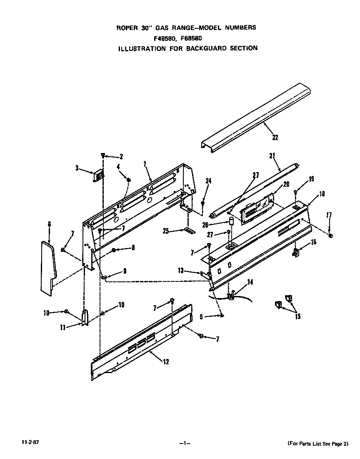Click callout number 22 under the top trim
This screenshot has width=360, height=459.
coord(275,137)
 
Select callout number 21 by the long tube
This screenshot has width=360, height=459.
coord(272,156)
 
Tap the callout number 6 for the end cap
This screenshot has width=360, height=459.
coord(50,224)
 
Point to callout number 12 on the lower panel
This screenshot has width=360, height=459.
coord(166,361)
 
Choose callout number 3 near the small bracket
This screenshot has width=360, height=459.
coord(77,168)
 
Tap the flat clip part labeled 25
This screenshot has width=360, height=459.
coord(190,230)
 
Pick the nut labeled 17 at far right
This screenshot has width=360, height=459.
coord(330,236)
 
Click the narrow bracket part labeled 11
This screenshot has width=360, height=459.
coord(85,318)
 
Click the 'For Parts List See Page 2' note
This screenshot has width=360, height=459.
coord(317,444)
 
